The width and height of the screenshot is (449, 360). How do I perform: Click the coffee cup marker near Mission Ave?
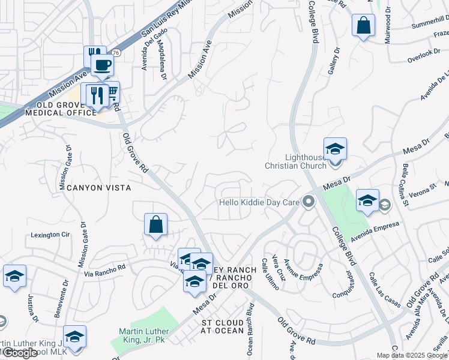(x=103, y=65)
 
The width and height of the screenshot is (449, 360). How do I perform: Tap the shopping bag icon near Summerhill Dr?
(x=363, y=26)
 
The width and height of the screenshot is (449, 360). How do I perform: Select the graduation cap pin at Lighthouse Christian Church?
(x=335, y=149)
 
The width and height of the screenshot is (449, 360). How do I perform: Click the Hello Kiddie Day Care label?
(x=259, y=202)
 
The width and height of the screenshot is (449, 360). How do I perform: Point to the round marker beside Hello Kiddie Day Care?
(x=309, y=201)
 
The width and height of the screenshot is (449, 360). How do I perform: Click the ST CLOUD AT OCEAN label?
(x=223, y=327)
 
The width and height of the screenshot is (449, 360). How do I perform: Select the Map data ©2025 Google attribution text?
(x=412, y=355)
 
